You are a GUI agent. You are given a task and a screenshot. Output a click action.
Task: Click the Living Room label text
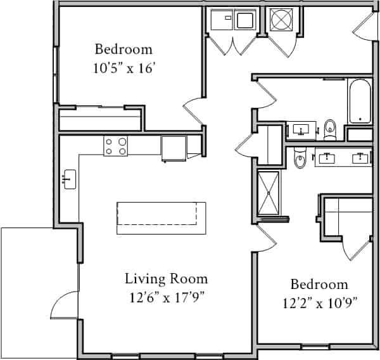tap(166, 278)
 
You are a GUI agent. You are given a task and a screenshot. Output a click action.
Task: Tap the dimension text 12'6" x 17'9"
tap(166, 296)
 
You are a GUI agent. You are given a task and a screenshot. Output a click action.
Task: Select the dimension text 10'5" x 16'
tap(123, 67)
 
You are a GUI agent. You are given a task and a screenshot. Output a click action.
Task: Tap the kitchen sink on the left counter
tap(69, 179)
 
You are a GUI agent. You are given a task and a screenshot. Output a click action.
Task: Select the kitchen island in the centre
tap(161, 217)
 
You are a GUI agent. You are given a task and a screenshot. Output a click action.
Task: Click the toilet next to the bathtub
tap(329, 129)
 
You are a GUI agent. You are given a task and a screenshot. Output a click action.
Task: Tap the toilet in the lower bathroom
tap(301, 158)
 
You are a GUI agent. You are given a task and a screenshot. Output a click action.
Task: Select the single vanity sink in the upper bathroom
tap(301, 131)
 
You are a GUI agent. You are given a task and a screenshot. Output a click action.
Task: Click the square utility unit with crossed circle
tap(281, 20)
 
